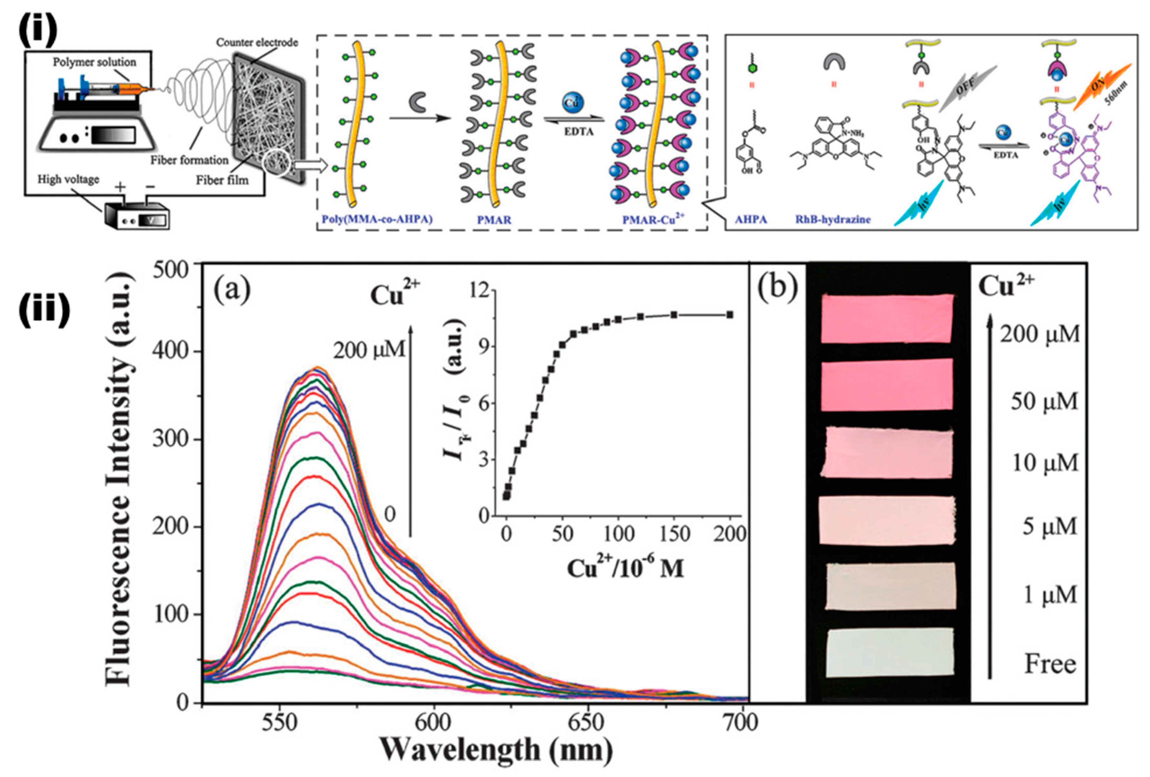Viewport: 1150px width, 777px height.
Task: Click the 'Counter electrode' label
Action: pyautogui.click(x=257, y=43)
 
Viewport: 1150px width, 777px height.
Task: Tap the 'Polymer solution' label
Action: pyautogui.click(x=95, y=62)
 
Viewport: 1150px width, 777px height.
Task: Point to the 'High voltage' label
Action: pyautogui.click(x=68, y=179)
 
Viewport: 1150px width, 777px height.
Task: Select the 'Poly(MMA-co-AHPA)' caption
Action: pyautogui.click(x=377, y=219)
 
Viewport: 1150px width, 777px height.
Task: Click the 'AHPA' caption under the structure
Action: pyautogui.click(x=750, y=219)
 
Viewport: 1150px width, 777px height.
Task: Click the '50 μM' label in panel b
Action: pyautogui.click(x=1044, y=401)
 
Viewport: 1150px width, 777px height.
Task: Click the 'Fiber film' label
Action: pyautogui.click(x=222, y=180)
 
